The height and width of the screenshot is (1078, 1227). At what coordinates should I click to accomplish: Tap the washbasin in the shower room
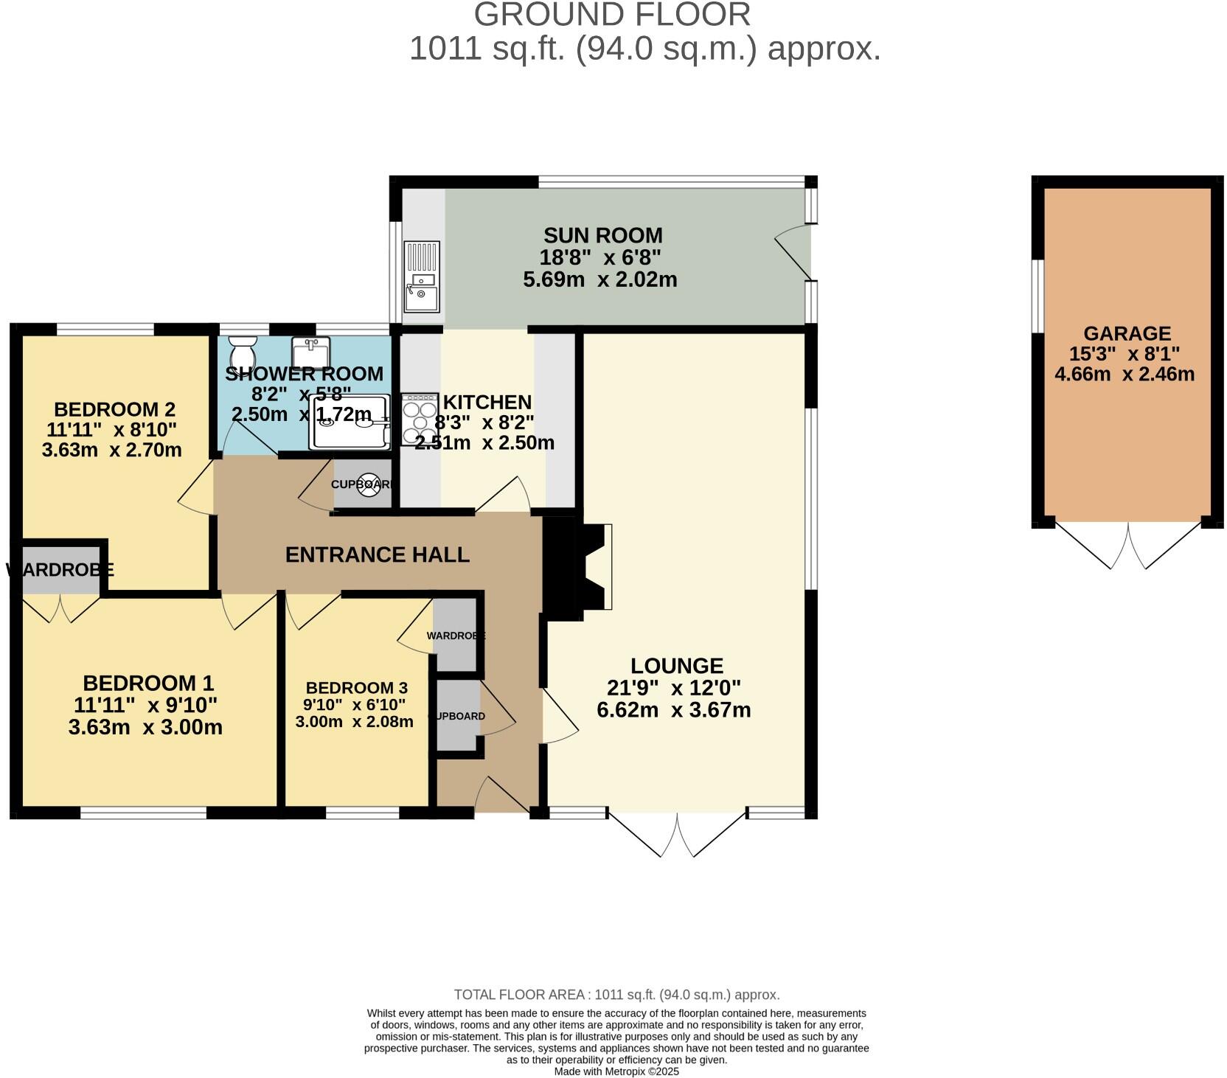(x=310, y=348)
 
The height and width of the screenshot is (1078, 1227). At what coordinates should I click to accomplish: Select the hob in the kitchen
(x=420, y=420)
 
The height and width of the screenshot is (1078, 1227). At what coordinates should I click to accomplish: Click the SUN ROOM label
(x=603, y=235)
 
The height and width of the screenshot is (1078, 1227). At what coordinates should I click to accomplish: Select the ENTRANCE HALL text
(x=378, y=554)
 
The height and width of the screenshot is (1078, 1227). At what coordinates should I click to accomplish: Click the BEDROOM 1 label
(x=148, y=683)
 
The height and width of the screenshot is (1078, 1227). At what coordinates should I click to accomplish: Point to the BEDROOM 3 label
(x=357, y=688)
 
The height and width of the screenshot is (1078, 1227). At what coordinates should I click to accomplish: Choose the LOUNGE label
(x=677, y=666)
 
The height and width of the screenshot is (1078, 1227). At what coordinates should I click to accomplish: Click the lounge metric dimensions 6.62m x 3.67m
(x=674, y=710)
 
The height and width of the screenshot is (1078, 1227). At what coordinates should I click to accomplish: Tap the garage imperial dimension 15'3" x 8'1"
(x=1125, y=354)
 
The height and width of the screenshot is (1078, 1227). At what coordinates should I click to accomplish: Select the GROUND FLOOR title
(x=612, y=15)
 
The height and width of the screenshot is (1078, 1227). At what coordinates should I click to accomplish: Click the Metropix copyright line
(x=616, y=1071)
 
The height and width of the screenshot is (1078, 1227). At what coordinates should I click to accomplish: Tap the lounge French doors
(x=677, y=834)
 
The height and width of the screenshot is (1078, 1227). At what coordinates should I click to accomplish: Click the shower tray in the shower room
(x=350, y=422)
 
